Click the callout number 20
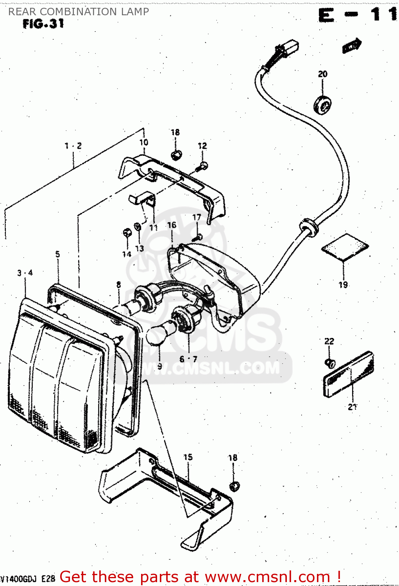click(x=322, y=74)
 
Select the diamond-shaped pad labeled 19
click(x=345, y=247)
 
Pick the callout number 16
click(x=172, y=225)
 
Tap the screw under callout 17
click(x=198, y=237)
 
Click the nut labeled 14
click(x=127, y=233)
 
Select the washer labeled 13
click(x=138, y=226)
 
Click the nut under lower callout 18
click(x=234, y=486)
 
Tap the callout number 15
click(x=188, y=457)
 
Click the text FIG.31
click(x=43, y=24)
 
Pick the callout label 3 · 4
click(x=25, y=273)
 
